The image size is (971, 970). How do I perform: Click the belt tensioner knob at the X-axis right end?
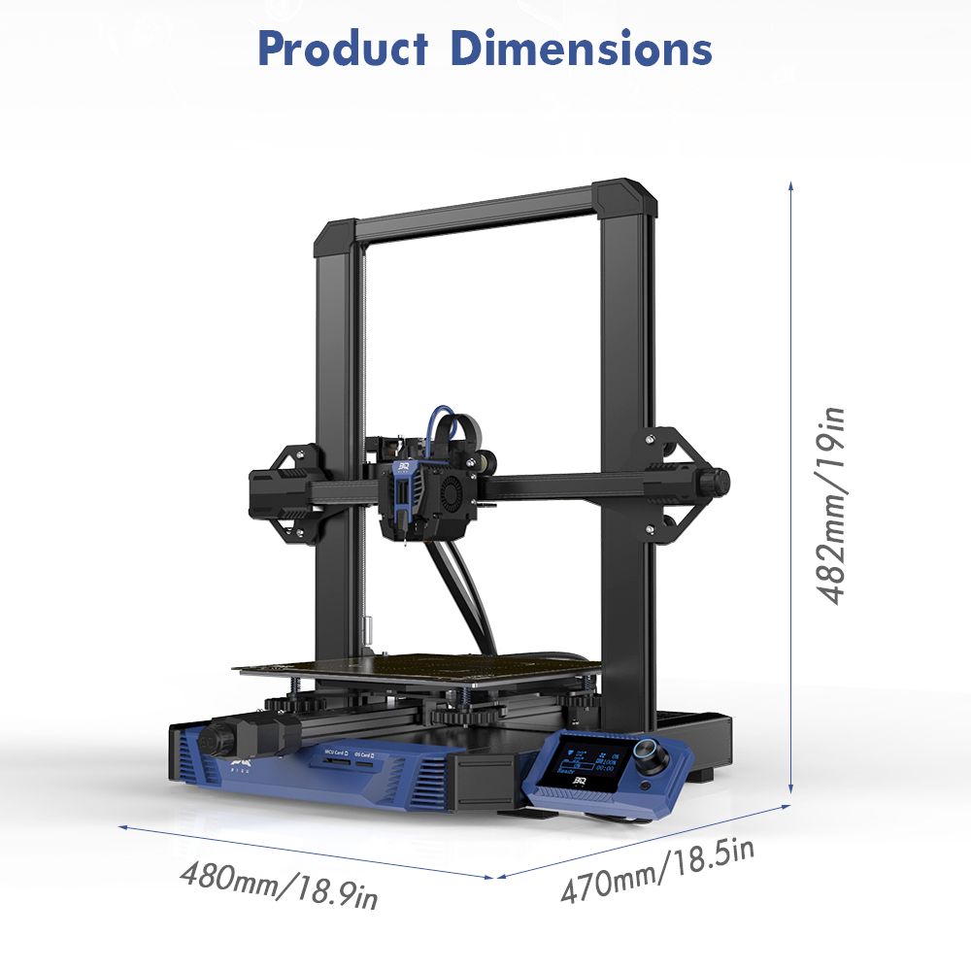(x=718, y=480)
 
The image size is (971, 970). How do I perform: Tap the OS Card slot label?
(x=366, y=752)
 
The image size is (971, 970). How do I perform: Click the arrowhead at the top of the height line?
(x=791, y=184)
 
